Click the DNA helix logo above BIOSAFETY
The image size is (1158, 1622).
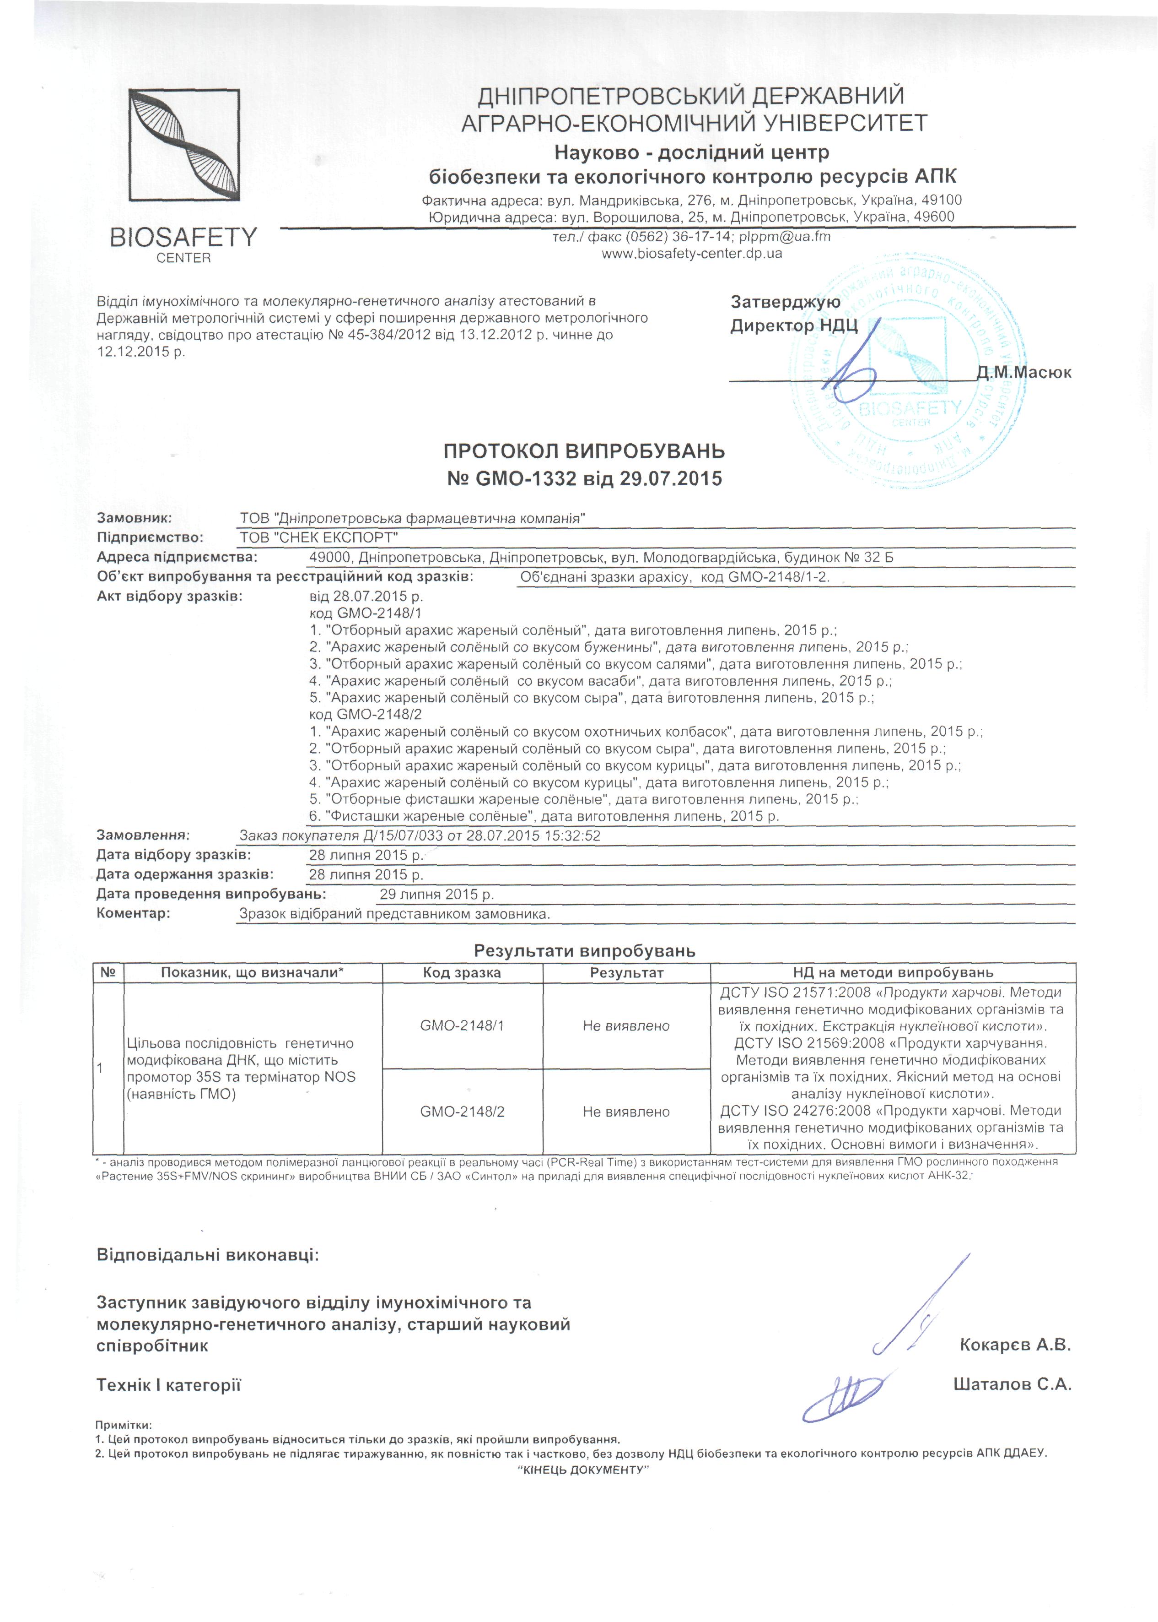click(184, 145)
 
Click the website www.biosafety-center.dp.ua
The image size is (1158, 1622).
click(692, 253)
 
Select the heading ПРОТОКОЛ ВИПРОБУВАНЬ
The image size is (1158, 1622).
click(584, 451)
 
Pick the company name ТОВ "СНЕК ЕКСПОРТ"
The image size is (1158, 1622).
click(319, 537)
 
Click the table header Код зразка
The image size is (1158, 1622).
click(462, 972)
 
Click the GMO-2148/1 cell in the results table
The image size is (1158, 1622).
click(462, 1025)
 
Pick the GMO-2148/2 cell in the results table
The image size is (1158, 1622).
click(462, 1111)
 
